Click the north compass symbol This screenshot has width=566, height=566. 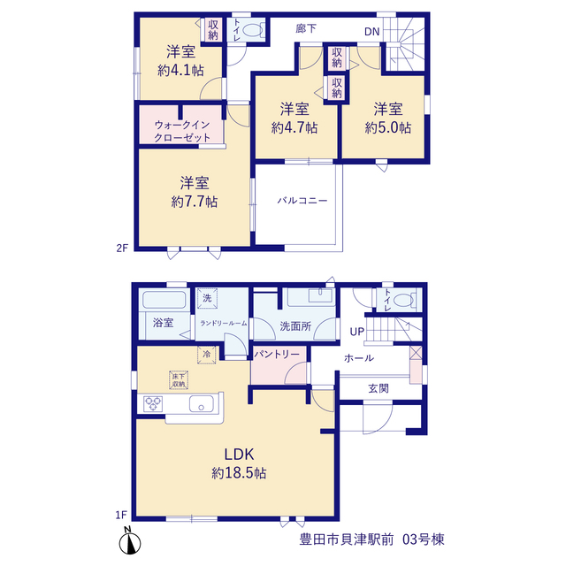(130, 540)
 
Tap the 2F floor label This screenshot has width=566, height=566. (122, 248)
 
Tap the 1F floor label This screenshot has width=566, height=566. (122, 515)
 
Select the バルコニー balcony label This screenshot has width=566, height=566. (302, 201)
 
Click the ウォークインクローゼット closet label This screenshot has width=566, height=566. (182, 132)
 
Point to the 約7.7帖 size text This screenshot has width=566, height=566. (195, 202)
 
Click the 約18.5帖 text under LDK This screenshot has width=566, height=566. (239, 472)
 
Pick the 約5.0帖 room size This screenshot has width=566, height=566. (387, 127)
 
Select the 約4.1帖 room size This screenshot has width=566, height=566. (180, 70)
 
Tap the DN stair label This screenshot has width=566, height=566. (371, 32)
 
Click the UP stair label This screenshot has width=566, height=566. (357, 332)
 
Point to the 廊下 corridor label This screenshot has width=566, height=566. (306, 28)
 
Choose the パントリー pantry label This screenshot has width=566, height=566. (277, 355)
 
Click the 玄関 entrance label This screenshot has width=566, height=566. (379, 389)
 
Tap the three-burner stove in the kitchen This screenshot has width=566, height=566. (153, 403)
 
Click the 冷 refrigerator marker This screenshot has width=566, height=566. (206, 354)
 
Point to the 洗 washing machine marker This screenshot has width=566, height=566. (207, 298)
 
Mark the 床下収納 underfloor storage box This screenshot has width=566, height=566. (179, 379)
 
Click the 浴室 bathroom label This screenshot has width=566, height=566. (163, 323)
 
